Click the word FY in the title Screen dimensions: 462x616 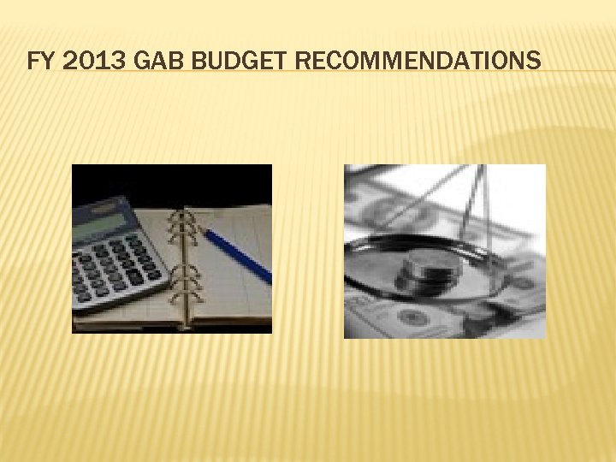click(x=38, y=61)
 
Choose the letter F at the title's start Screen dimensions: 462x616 click(x=33, y=61)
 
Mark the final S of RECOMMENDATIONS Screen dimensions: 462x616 click(x=534, y=61)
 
